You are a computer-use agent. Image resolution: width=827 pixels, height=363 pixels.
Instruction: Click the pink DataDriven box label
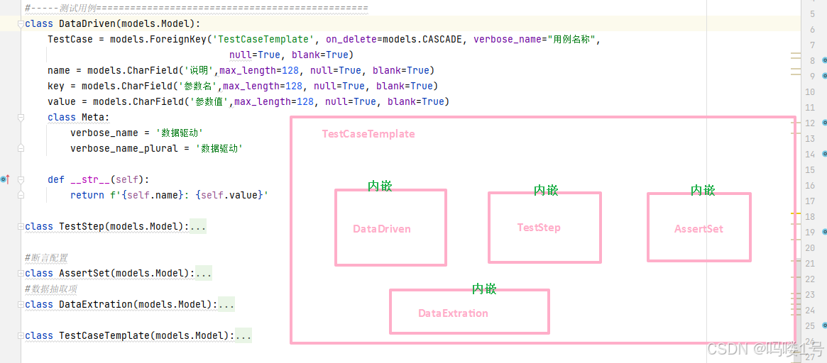(382, 229)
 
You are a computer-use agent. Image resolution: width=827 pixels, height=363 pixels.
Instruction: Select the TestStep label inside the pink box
(539, 228)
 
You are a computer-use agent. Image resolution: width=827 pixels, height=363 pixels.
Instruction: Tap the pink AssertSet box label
(699, 229)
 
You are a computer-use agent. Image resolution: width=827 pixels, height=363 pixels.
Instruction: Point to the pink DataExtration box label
(453, 313)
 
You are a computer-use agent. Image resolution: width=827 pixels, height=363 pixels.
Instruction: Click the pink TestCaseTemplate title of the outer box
(368, 134)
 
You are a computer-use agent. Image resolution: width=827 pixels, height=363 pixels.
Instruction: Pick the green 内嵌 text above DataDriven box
(380, 186)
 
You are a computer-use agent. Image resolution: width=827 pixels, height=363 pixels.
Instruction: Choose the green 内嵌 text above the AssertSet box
(703, 190)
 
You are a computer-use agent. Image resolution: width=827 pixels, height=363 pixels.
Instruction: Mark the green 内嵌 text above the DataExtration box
(484, 289)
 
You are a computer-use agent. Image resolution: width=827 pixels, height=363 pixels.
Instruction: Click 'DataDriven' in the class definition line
(87, 23)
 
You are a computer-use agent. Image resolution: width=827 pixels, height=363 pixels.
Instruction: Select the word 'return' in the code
(87, 195)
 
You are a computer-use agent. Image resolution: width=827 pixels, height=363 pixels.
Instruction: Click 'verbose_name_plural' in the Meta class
(124, 148)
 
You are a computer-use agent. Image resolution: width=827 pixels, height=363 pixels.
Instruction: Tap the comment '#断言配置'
(47, 257)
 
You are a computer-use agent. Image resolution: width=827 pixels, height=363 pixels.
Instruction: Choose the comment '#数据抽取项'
(51, 289)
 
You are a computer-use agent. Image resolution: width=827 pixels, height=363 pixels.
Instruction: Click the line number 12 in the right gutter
(810, 123)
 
